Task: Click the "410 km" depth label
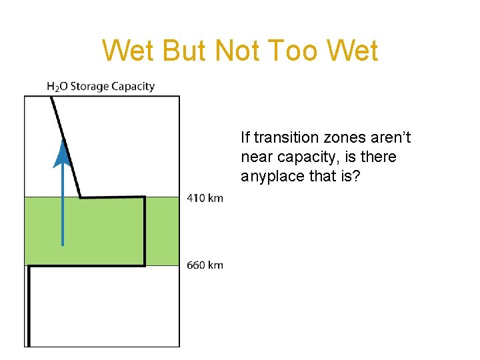coord(205,198)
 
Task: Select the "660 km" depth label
coord(205,265)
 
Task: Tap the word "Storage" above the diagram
coord(91,86)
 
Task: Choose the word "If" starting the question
coord(245,138)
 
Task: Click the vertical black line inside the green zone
coord(145,231)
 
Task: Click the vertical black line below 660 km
coord(29,307)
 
